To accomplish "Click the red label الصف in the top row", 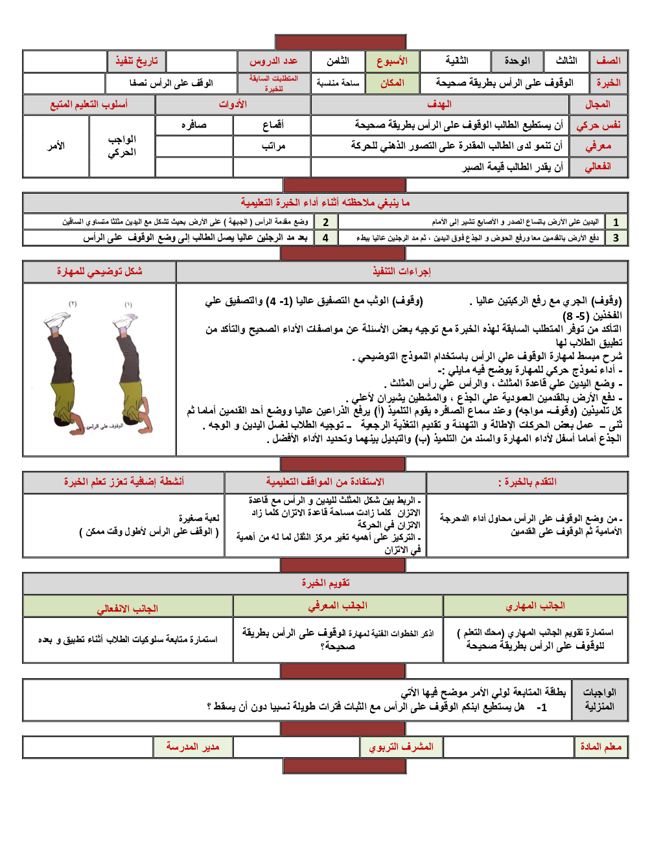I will (x=608, y=61).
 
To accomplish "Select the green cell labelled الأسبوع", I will (x=392, y=61).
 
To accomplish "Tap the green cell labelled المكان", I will (x=392, y=83).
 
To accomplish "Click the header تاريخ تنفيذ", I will (x=136, y=61).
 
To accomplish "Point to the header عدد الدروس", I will (x=273, y=61).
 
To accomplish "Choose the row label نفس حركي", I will (x=598, y=125).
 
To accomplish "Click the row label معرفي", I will (x=598, y=146).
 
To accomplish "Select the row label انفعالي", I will (x=598, y=166).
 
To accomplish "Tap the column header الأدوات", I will (x=233, y=104).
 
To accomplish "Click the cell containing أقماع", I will (x=273, y=125).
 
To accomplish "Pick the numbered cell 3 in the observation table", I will (x=616, y=238).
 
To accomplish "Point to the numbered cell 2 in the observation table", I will (x=325, y=222).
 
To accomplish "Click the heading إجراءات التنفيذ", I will (x=402, y=271).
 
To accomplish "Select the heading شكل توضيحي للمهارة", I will (x=99, y=271).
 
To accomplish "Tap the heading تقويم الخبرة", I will (x=325, y=583).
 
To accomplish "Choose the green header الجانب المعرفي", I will (x=338, y=606).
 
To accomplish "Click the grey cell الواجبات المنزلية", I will (x=599, y=699).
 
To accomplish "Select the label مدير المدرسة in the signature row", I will (x=192, y=747).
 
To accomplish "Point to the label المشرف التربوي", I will (x=401, y=747).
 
